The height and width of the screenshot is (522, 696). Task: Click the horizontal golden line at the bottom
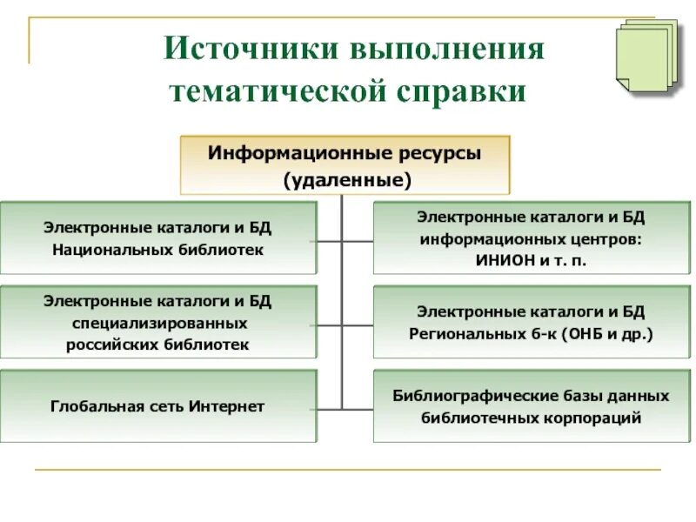348,471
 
